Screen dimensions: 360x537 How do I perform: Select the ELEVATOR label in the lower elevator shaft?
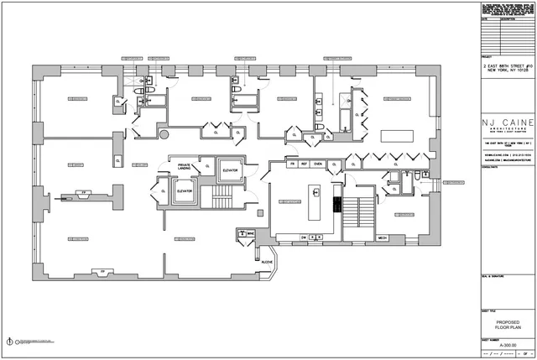(185, 191)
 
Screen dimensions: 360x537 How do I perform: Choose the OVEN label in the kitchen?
(318, 164)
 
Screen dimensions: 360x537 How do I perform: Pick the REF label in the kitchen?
(305, 164)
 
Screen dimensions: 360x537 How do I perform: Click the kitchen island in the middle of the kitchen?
(316, 205)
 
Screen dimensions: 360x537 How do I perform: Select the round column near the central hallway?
(164, 133)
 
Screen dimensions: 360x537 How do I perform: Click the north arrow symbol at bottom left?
(12, 342)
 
